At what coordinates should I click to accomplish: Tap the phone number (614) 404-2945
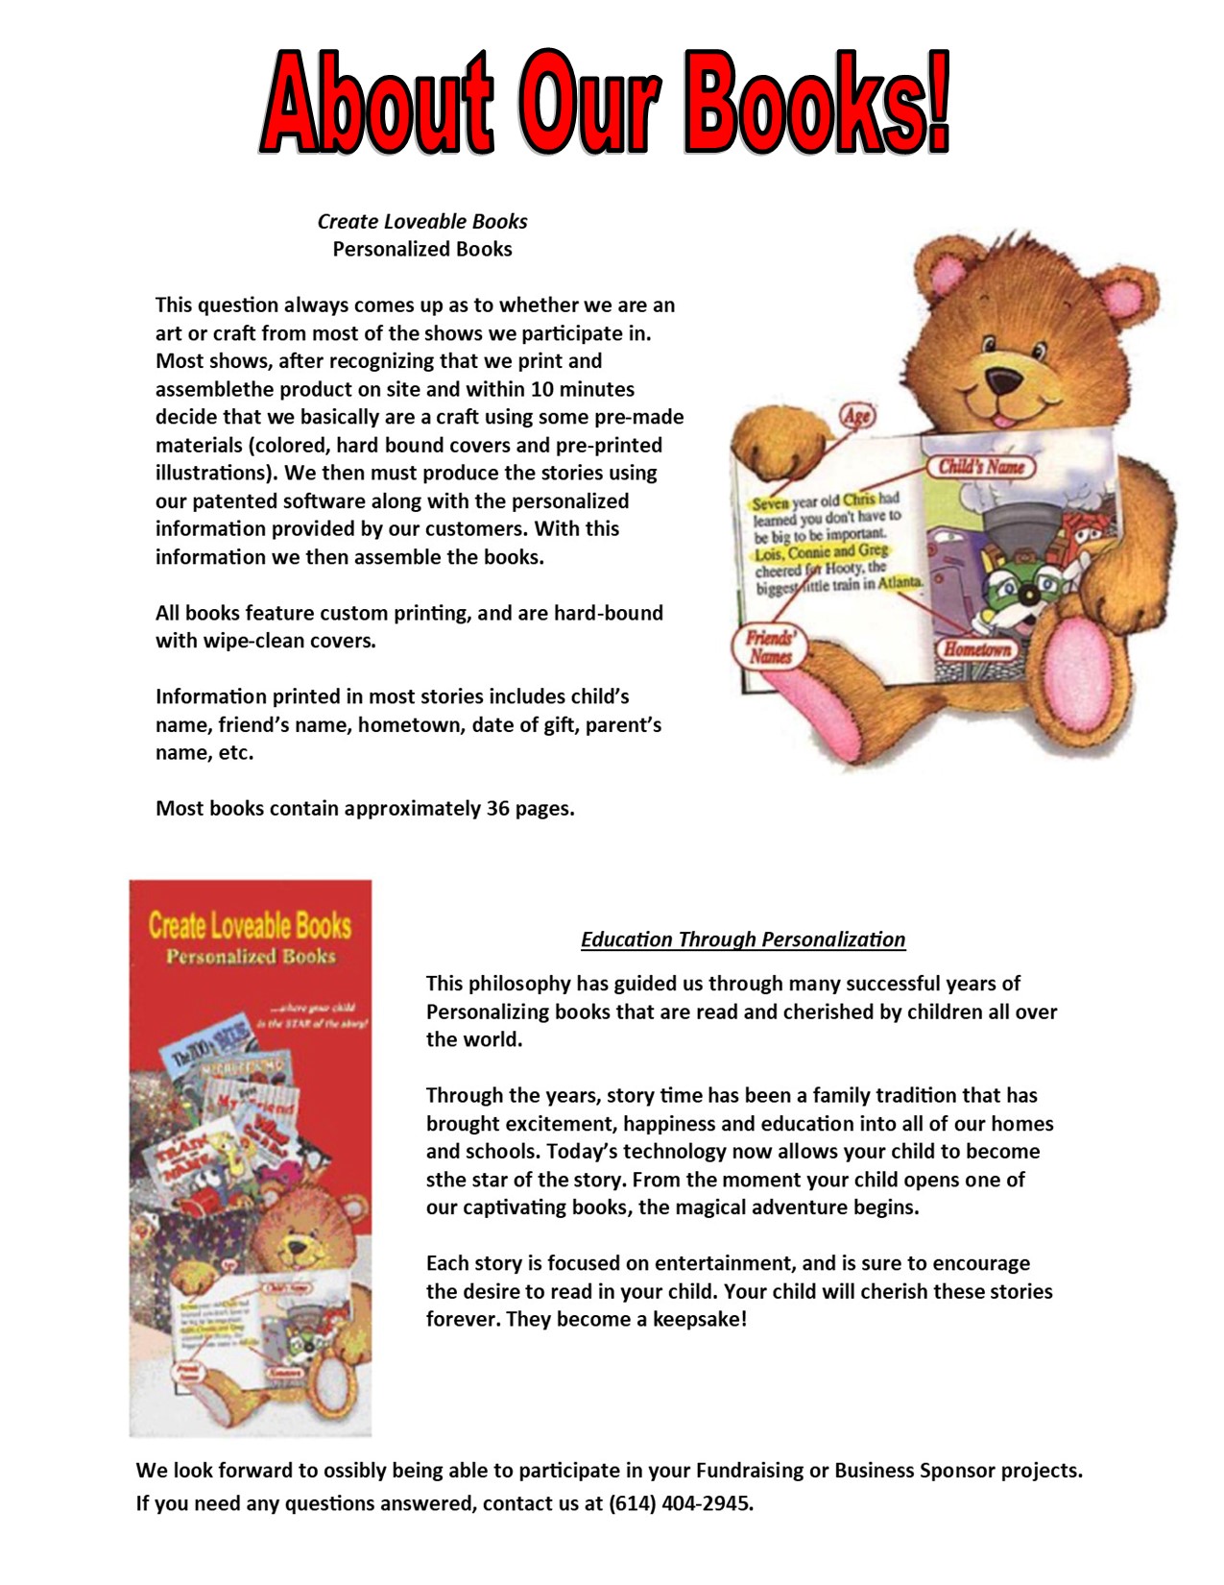coord(681,1503)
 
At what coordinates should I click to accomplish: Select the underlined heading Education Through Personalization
coord(743,939)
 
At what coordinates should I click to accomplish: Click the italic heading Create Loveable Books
coord(422,221)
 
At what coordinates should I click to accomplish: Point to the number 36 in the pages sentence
coord(497,809)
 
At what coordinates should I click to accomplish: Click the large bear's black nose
coord(1005,381)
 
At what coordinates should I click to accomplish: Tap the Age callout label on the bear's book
coord(856,415)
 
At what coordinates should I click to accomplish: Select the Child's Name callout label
coord(981,468)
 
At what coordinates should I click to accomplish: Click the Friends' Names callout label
coord(771,647)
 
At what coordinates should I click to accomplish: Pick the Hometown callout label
coord(976,649)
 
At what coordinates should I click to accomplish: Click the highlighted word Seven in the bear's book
coord(770,503)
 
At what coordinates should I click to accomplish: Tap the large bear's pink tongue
coord(1002,419)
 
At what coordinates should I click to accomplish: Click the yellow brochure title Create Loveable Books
coord(250,925)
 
